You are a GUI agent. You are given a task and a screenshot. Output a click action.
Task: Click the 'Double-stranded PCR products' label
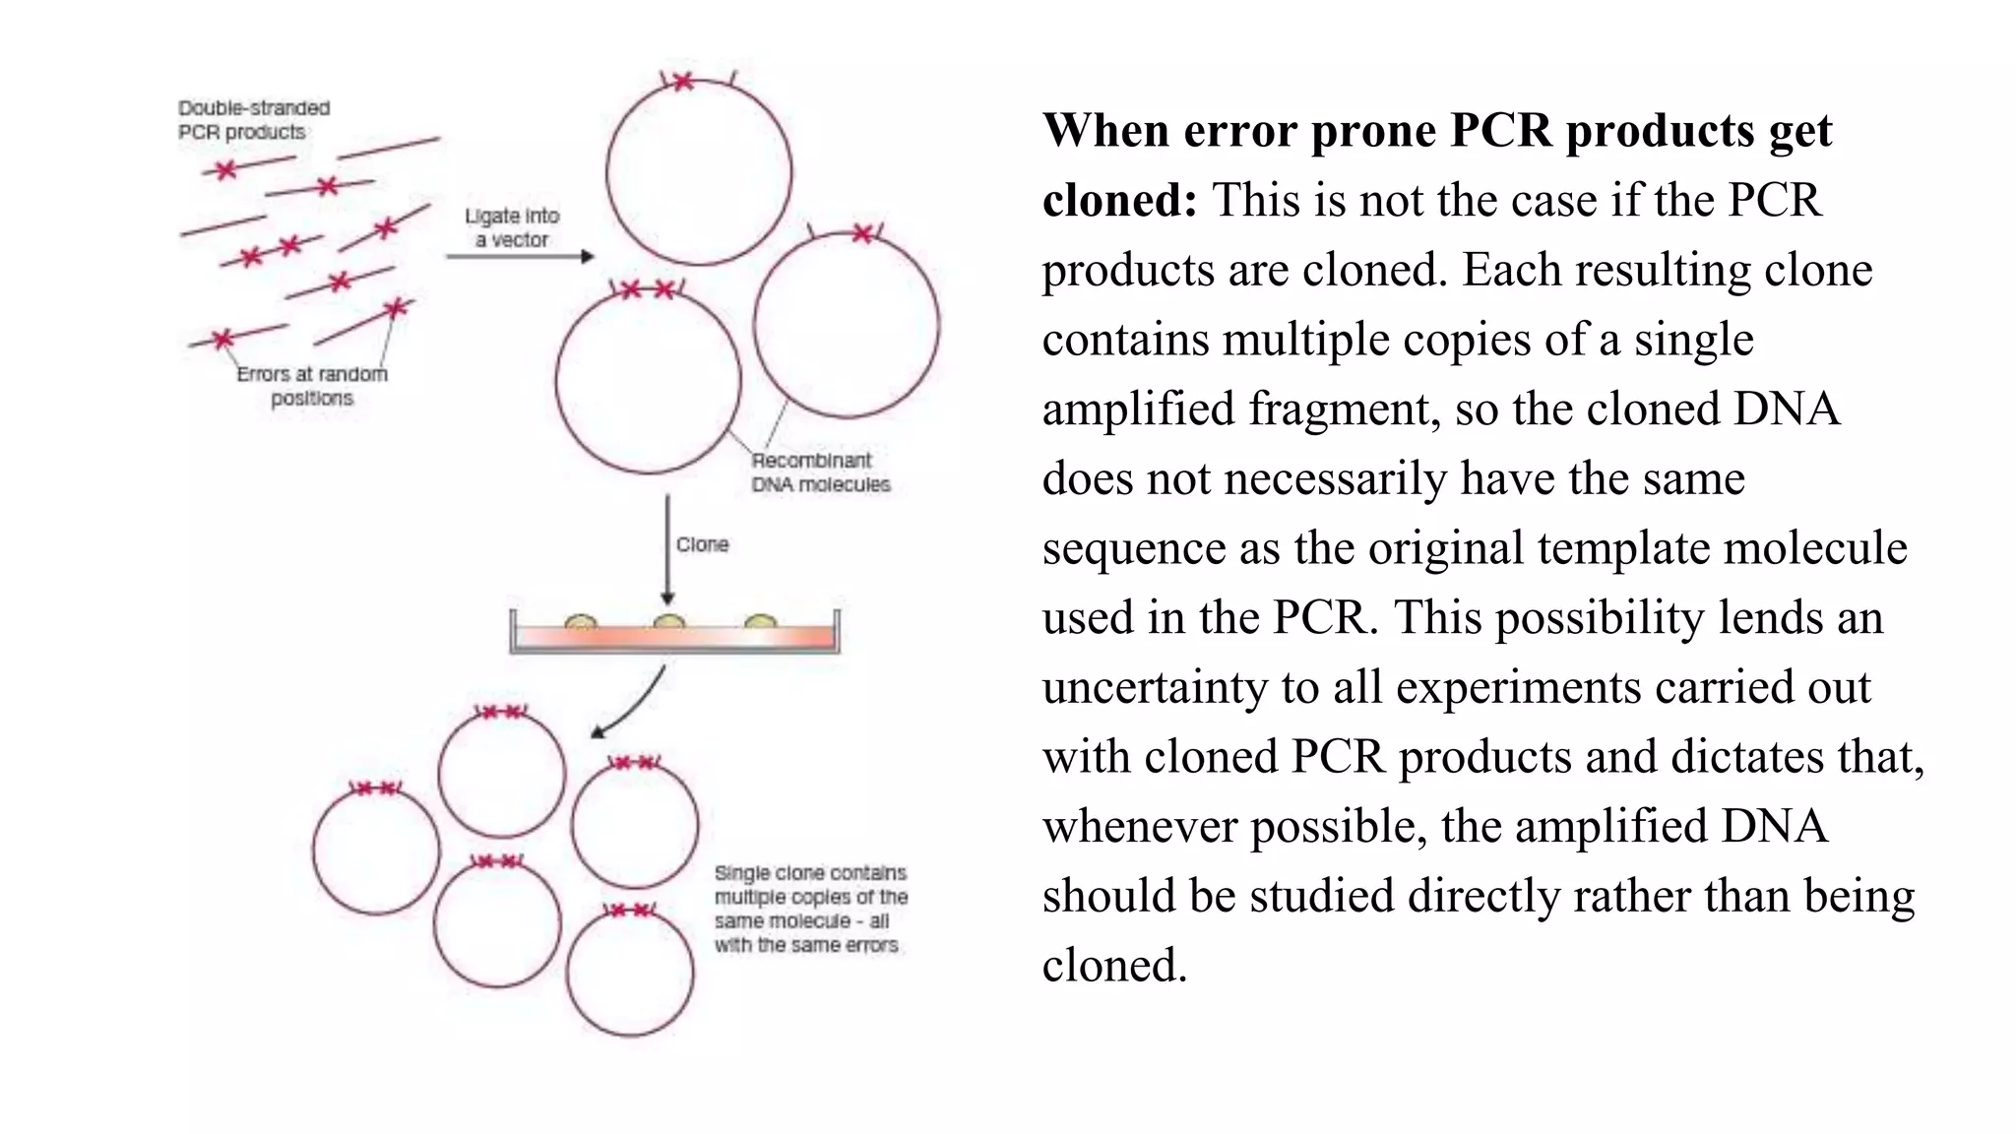pyautogui.click(x=253, y=120)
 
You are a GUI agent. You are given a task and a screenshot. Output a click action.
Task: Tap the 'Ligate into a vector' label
pyautogui.click(x=512, y=227)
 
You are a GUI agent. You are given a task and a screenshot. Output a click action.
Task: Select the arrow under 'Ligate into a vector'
pyautogui.click(x=520, y=257)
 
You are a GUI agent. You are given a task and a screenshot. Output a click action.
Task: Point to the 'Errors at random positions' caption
pyautogui.click(x=312, y=386)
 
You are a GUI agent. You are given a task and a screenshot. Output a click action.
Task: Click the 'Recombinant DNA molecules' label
pyautogui.click(x=820, y=472)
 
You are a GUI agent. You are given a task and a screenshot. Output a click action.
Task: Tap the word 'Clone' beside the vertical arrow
pyautogui.click(x=702, y=544)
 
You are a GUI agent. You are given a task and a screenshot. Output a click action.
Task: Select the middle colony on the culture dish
pyautogui.click(x=668, y=622)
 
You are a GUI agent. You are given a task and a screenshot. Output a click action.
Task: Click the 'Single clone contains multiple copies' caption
pyautogui.click(x=810, y=909)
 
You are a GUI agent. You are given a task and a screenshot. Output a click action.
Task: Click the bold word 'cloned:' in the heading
pyautogui.click(x=1119, y=201)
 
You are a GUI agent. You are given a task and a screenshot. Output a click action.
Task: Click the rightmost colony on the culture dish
pyautogui.click(x=761, y=622)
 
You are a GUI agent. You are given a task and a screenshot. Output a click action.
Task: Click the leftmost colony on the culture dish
pyautogui.click(x=581, y=622)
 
